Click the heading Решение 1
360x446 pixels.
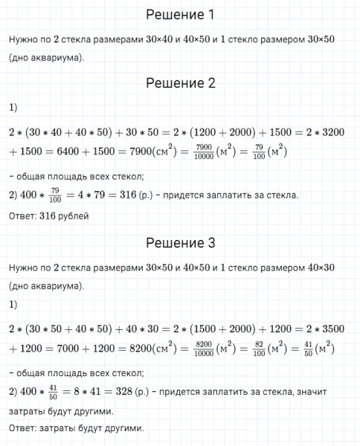pyautogui.click(x=180, y=15)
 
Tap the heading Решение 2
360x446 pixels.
pyautogui.click(x=180, y=83)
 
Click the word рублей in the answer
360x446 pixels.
pyautogui.click(x=73, y=216)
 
